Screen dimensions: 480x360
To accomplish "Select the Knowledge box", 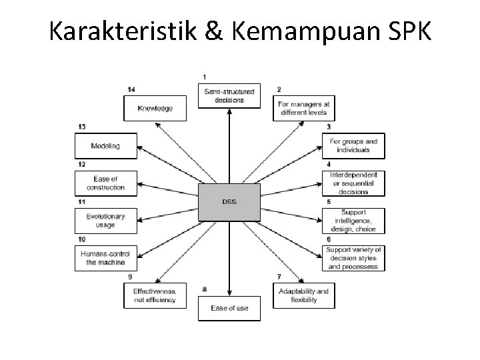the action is point(155,108).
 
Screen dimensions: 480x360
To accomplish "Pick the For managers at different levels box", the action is point(305,108).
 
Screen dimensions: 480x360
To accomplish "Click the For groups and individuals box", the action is point(353,145).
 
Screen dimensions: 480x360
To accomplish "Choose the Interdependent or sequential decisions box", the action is point(353,183).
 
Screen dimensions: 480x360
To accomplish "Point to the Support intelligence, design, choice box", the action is point(353,221).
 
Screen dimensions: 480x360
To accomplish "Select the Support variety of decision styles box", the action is point(353,258).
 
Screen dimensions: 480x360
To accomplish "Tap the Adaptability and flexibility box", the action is point(305,295).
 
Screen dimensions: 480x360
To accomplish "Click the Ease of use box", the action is point(229,307).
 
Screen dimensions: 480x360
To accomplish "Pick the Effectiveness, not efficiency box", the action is point(155,295).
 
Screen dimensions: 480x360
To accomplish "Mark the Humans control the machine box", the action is point(105,258).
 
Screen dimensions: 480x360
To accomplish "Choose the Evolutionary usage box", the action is point(105,221).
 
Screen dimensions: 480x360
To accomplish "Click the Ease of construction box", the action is point(105,183).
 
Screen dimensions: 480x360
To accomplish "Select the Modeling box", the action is point(105,145).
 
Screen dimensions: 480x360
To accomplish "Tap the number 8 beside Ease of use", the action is point(205,289).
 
